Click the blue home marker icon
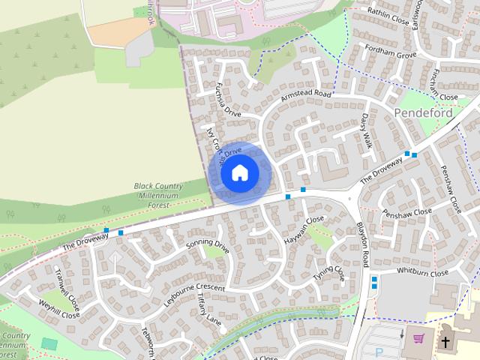(239, 173)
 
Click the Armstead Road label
(305, 97)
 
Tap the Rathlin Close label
(389, 16)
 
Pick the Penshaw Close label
(407, 212)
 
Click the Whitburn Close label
(422, 273)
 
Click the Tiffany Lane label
(210, 310)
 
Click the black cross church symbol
(446, 342)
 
